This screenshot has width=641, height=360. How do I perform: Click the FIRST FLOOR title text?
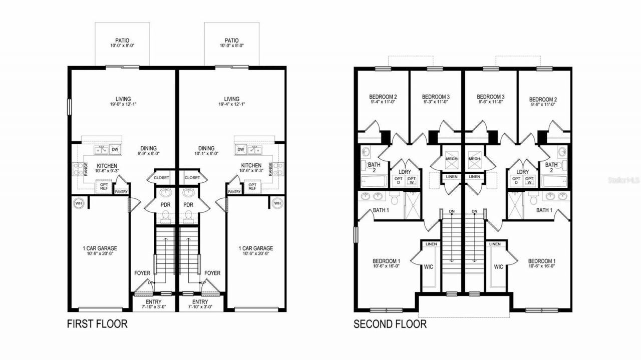[x=97, y=324]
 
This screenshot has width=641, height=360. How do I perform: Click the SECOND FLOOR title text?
[x=390, y=324]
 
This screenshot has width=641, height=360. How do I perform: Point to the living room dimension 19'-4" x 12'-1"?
[x=232, y=105]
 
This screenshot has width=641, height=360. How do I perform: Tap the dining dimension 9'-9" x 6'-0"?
[x=149, y=155]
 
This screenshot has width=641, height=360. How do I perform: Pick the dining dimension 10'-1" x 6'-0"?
[x=206, y=155]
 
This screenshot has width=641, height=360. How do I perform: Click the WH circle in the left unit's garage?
[x=79, y=203]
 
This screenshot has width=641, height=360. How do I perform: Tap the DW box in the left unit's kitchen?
[x=115, y=149]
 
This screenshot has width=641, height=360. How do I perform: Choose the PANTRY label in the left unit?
[x=121, y=191]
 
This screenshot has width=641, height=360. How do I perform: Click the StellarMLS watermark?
[x=623, y=179]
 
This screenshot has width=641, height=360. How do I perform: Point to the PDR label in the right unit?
[x=188, y=205]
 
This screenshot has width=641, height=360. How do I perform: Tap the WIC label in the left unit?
[x=428, y=267]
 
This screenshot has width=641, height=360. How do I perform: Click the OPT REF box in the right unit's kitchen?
[x=253, y=186]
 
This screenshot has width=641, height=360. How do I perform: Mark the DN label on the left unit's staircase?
[x=452, y=211]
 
